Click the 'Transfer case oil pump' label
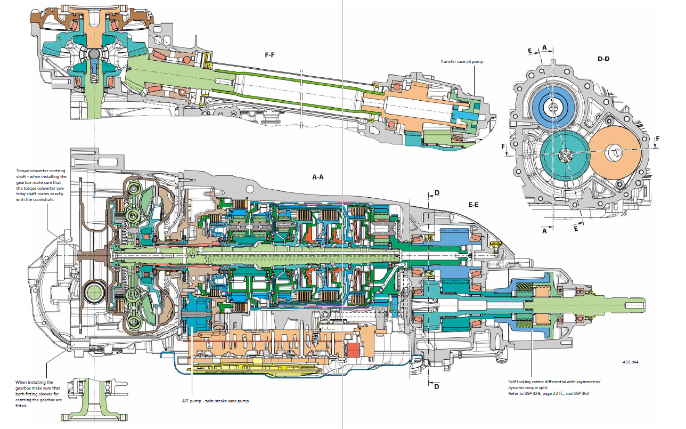461,61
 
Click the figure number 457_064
630,362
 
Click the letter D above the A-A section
437,192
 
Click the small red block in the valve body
352,351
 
